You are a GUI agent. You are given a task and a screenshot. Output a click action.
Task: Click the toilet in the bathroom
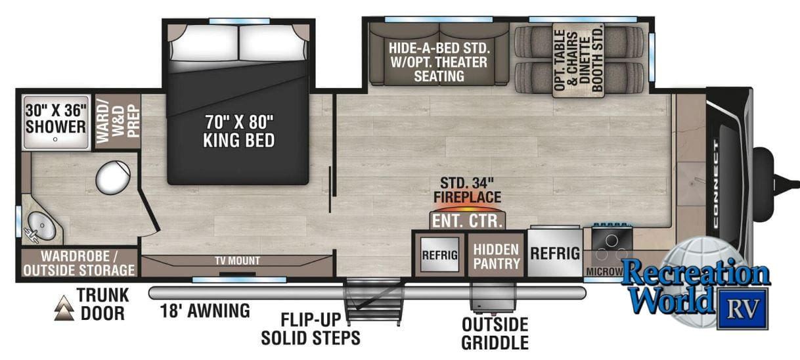pyautogui.click(x=113, y=177)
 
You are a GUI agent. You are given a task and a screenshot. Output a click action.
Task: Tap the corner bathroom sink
pyautogui.click(x=40, y=225)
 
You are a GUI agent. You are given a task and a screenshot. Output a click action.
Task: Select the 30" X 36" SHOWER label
pyautogui.click(x=55, y=117)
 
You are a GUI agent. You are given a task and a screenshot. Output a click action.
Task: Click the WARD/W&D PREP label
pyautogui.click(x=118, y=118)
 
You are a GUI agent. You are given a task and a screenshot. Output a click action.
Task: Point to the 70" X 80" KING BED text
pyautogui.click(x=238, y=131)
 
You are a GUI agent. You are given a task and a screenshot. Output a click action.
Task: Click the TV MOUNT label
pyautogui.click(x=237, y=261)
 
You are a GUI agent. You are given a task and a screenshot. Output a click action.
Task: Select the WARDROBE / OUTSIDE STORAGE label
pyautogui.click(x=79, y=263)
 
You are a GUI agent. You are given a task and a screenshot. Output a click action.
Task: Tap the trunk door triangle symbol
pyautogui.click(x=64, y=307)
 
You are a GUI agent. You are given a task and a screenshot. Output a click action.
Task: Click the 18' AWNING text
pyautogui.click(x=204, y=310)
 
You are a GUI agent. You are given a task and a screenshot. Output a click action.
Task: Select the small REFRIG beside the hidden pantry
pyautogui.click(x=439, y=256)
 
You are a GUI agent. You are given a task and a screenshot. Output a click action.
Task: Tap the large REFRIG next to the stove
pyautogui.click(x=555, y=254)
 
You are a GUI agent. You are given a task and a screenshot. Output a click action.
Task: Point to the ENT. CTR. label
pyautogui.click(x=468, y=220)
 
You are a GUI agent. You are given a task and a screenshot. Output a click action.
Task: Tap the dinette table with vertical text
pyautogui.click(x=578, y=61)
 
